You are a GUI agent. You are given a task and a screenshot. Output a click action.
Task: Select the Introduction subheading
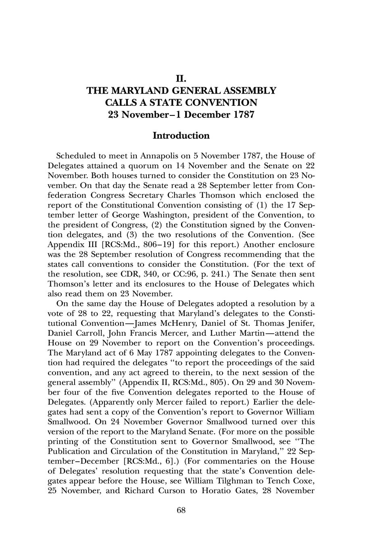[181, 136]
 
